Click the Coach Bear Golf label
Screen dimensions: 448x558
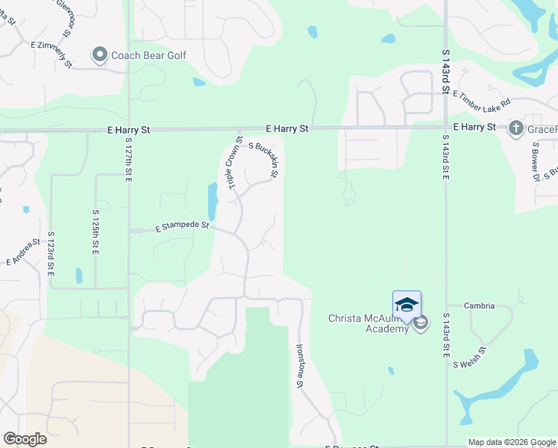(x=148, y=55)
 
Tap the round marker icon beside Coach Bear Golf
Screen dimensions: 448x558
(x=100, y=55)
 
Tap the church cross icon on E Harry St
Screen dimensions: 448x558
(x=515, y=128)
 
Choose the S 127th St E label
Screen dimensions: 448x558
(x=129, y=160)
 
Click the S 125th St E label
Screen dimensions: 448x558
(x=96, y=232)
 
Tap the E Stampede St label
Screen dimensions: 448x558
(x=182, y=225)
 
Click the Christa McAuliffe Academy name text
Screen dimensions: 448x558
(x=369, y=323)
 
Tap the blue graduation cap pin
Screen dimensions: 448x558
(x=407, y=305)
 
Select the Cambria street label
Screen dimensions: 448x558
(x=480, y=305)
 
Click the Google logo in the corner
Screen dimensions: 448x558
(x=25, y=438)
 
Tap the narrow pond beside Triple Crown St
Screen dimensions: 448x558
(x=212, y=199)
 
